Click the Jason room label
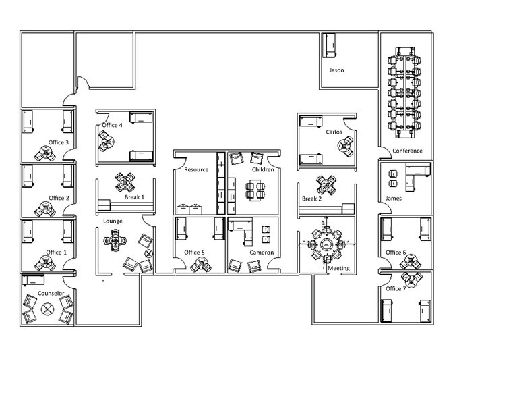point(337,70)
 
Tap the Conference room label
point(407,151)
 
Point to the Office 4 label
point(112,125)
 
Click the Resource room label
point(196,169)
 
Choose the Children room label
point(262,169)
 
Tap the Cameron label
point(262,253)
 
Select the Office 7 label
point(396,288)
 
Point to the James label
point(394,198)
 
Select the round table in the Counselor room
point(48,309)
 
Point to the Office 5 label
point(194,253)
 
